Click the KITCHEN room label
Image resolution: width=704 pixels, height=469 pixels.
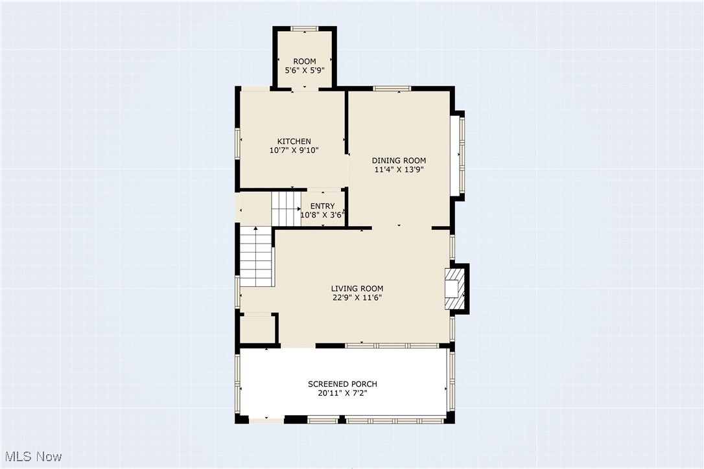[294, 141]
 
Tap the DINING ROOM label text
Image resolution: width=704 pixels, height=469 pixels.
[399, 161]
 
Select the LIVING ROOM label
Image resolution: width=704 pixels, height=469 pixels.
[357, 289]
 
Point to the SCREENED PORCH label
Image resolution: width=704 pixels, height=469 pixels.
[342, 384]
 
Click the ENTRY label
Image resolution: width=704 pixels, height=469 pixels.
[322, 206]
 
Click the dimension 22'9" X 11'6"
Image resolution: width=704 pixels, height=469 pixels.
[357, 298]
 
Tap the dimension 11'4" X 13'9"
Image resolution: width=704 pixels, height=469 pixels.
[399, 170]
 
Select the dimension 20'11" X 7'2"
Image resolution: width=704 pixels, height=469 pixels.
[342, 393]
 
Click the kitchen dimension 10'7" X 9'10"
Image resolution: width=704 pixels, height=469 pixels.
[294, 150]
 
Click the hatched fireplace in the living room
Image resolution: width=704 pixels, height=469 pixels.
[454, 290]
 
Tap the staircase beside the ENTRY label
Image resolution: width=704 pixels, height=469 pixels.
[285, 208]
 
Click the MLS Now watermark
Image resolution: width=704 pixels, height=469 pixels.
[31, 456]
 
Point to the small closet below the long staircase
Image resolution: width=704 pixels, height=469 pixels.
[257, 329]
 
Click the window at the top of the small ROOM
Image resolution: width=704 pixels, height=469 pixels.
[304, 29]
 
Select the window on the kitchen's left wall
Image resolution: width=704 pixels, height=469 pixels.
[238, 143]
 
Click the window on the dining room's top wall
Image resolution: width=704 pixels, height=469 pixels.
[392, 88]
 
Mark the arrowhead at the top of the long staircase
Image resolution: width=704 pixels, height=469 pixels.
[257, 229]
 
